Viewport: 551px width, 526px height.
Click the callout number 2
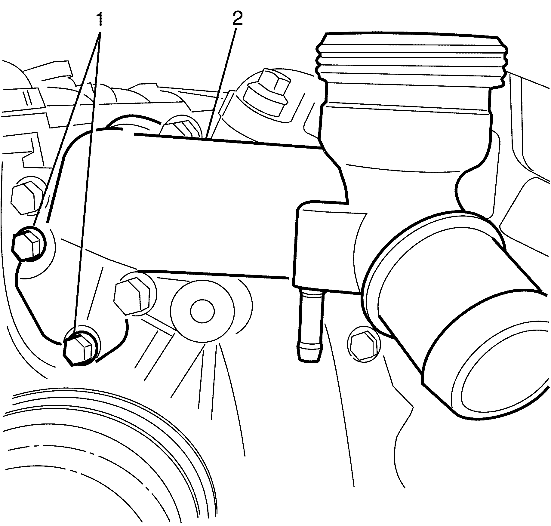point(237,19)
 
